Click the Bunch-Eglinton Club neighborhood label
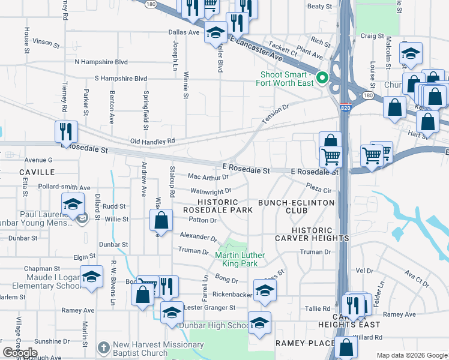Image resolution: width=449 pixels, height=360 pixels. click(296, 206)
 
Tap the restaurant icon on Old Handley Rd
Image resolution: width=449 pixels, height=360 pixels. click(66, 131)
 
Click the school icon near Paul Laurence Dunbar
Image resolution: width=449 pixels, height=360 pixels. click(73, 203)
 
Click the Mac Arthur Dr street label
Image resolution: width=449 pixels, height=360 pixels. click(208, 177)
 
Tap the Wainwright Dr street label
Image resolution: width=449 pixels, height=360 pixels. click(211, 191)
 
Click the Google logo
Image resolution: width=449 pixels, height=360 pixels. click(20, 353)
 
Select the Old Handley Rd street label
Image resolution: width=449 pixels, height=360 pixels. click(153, 141)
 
